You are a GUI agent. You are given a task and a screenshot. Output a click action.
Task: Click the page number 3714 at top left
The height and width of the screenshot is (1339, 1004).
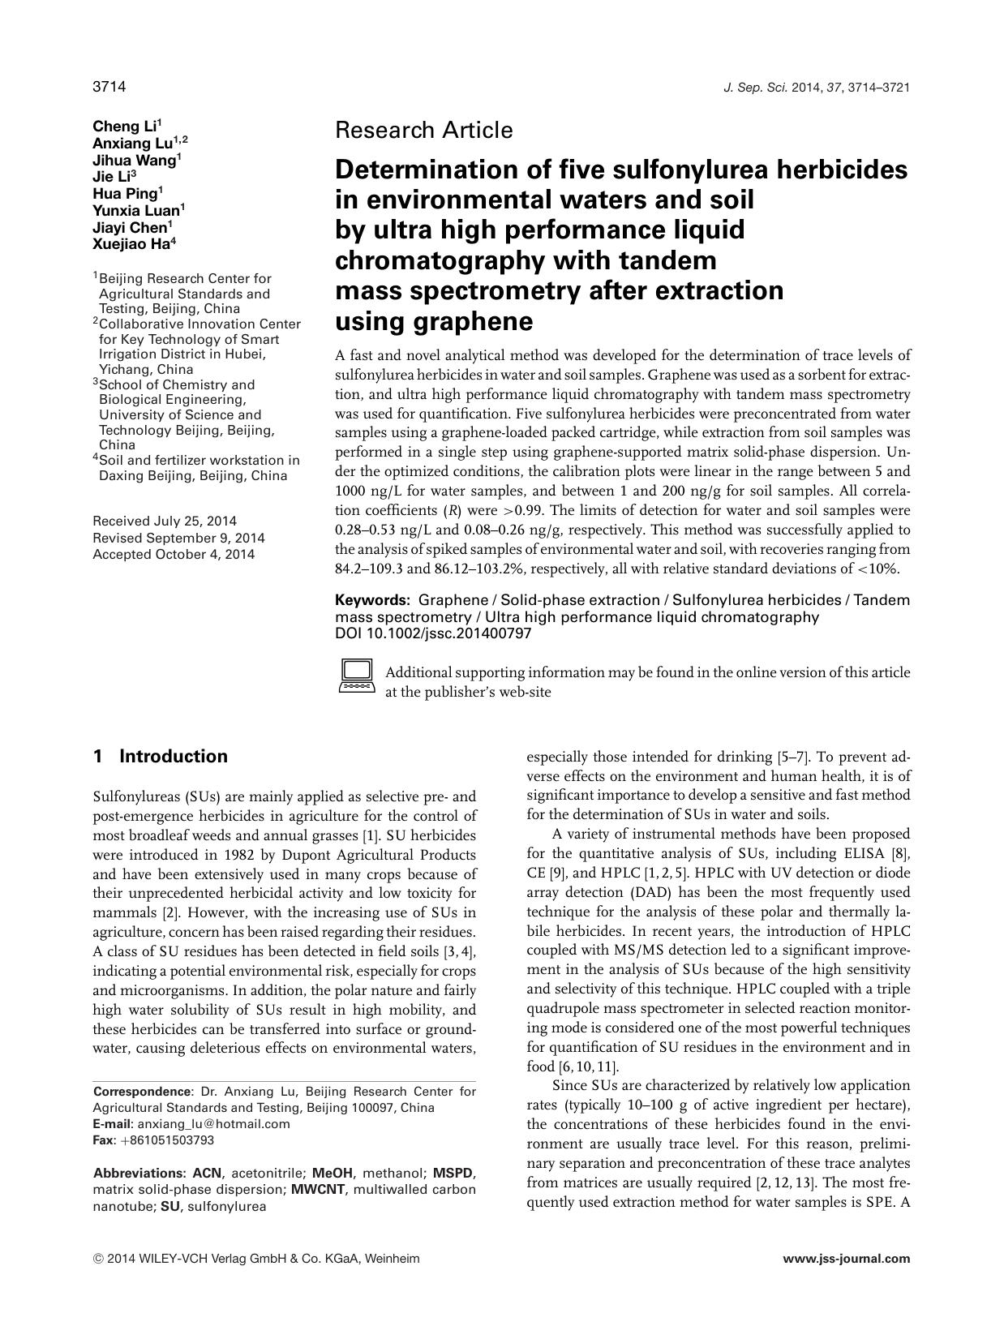(x=109, y=87)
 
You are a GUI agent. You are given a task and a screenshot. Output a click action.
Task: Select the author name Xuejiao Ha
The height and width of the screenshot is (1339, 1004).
(x=130, y=245)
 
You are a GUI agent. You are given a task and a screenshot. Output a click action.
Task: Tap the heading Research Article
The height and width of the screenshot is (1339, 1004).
(x=423, y=130)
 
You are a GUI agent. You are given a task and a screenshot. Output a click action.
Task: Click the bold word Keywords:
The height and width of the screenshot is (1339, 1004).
(x=373, y=600)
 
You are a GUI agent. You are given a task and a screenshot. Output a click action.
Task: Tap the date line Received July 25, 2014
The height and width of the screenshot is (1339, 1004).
(x=165, y=521)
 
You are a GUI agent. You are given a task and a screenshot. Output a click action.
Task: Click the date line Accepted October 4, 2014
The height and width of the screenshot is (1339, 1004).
(x=174, y=555)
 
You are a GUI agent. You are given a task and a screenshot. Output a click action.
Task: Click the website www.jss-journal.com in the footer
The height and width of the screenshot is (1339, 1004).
(x=847, y=1259)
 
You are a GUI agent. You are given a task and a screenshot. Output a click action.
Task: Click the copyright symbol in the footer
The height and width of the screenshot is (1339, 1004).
(x=98, y=1260)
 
